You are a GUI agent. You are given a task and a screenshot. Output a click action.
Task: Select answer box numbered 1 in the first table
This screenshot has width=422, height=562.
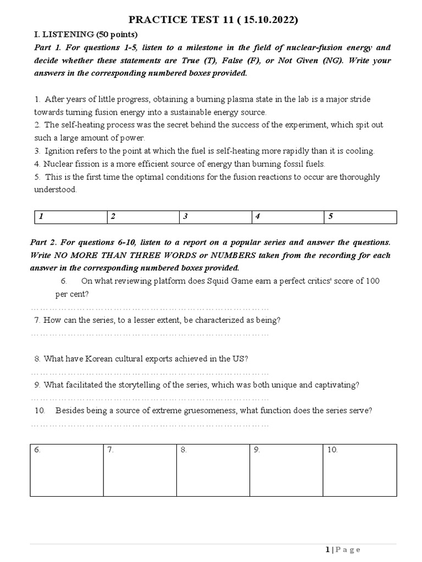click(x=69, y=217)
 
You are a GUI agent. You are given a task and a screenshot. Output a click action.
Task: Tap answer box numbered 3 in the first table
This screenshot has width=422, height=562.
click(x=215, y=217)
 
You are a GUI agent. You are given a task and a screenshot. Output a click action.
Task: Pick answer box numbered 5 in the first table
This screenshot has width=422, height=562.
click(x=360, y=217)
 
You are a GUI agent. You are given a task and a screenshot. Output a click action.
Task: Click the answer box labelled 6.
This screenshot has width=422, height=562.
click(x=66, y=470)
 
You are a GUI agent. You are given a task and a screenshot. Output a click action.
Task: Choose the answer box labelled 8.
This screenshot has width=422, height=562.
click(x=213, y=470)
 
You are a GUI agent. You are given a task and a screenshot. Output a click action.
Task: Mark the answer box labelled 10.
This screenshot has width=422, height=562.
click(x=359, y=470)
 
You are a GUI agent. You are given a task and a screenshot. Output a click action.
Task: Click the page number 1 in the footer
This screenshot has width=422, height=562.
click(x=328, y=550)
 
